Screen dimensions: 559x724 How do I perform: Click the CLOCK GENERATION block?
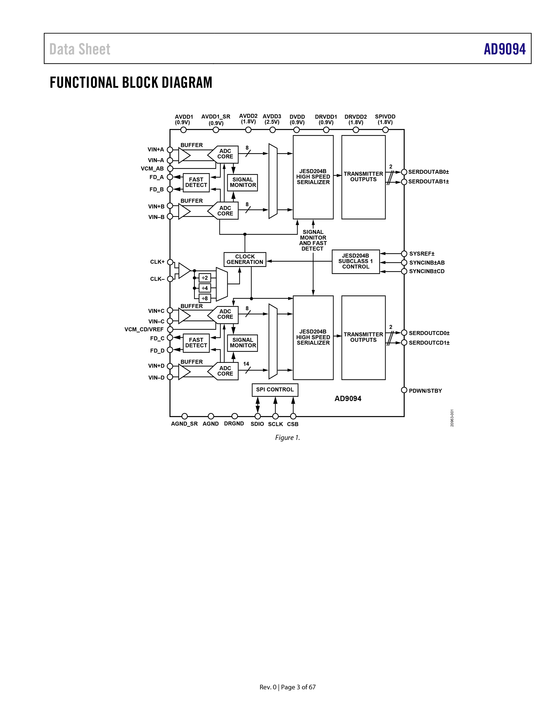(x=245, y=259)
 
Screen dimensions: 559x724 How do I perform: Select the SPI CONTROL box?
(x=275, y=390)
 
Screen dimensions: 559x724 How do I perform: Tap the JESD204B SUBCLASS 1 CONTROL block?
(x=356, y=262)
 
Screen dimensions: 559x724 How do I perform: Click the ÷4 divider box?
(x=205, y=288)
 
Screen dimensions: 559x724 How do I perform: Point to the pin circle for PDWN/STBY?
(x=404, y=390)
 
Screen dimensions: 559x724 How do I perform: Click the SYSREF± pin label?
(x=422, y=254)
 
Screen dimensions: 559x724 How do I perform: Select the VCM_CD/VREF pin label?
(x=144, y=330)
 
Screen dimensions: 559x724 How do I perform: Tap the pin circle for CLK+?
(x=170, y=262)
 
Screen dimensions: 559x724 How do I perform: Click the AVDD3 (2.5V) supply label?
(x=272, y=119)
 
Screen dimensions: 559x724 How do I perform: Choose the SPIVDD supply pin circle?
(x=385, y=130)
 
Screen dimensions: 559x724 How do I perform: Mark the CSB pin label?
(x=293, y=424)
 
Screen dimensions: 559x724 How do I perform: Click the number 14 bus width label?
(x=246, y=364)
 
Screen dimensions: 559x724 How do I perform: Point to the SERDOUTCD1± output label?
(x=429, y=343)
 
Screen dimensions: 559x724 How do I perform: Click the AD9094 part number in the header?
(x=505, y=49)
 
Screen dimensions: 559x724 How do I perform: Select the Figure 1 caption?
(x=287, y=438)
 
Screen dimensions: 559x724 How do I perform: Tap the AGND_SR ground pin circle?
(x=185, y=416)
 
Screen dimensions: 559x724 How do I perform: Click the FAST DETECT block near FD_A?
(x=196, y=182)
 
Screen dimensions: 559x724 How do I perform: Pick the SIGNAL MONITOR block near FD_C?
(x=243, y=343)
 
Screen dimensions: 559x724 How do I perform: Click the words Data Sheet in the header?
(x=80, y=49)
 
